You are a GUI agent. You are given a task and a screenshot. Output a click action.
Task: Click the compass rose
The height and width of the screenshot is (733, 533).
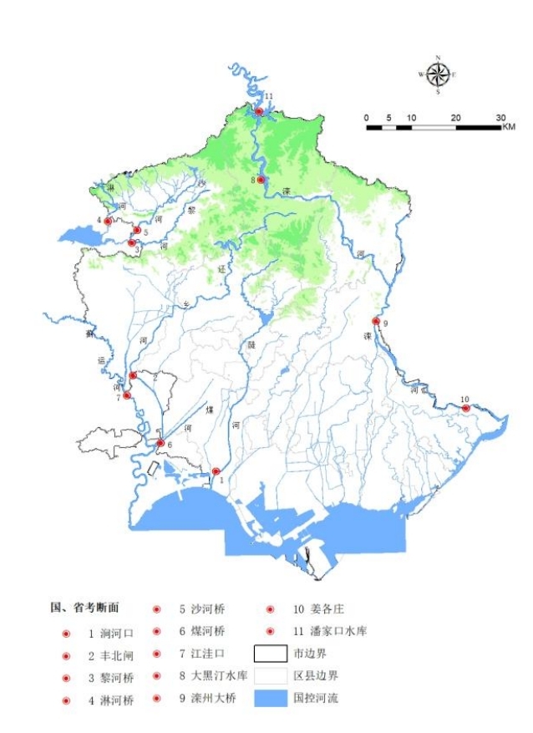(x=437, y=75)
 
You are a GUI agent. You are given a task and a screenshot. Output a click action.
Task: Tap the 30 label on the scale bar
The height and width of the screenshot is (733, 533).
(x=500, y=117)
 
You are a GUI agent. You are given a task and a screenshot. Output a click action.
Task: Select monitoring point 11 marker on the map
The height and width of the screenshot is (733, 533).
(x=260, y=111)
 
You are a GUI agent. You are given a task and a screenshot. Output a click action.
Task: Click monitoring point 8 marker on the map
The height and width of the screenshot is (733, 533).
(x=261, y=180)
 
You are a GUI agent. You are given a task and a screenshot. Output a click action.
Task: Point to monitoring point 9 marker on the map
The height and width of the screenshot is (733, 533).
(x=376, y=321)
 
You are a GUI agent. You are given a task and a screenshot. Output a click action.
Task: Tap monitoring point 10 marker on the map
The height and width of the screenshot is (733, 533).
(x=465, y=408)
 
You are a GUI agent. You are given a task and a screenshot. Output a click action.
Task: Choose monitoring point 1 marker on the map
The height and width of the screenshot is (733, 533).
(x=216, y=471)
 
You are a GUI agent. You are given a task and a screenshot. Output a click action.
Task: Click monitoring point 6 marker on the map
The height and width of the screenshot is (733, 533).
(x=160, y=443)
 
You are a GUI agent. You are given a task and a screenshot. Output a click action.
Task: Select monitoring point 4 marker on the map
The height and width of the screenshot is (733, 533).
(x=108, y=221)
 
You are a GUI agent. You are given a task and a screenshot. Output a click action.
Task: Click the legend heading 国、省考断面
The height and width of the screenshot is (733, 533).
(x=85, y=608)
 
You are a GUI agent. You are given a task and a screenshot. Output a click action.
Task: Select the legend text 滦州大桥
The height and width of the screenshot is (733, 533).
(x=201, y=698)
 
